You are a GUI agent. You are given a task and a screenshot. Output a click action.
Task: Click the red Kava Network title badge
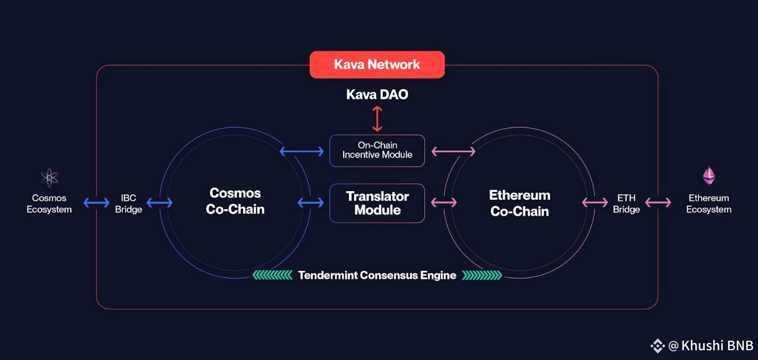(x=377, y=65)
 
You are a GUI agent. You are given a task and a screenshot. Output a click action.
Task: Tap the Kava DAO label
(x=377, y=95)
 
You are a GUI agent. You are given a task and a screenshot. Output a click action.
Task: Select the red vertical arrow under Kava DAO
(x=377, y=119)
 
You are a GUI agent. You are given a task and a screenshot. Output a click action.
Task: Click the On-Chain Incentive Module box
(x=377, y=150)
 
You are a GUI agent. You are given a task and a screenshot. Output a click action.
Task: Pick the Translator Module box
(x=377, y=203)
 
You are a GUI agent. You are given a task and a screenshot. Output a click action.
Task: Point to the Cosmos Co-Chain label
(x=235, y=201)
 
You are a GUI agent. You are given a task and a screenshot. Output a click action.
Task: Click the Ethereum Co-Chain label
(x=519, y=203)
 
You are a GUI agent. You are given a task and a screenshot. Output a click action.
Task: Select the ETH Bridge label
(x=626, y=204)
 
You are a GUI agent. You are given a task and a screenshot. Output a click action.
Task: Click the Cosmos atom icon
(x=49, y=177)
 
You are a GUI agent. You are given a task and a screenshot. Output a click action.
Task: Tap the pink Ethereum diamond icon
(x=708, y=176)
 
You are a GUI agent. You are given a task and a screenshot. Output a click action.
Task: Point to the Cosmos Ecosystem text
(x=49, y=204)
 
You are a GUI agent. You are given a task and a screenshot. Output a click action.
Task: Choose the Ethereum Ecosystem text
(x=708, y=204)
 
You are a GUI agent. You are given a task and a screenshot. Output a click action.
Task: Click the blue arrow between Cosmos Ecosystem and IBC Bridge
(x=96, y=203)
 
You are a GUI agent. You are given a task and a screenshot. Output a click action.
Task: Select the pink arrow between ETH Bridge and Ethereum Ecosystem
(x=658, y=203)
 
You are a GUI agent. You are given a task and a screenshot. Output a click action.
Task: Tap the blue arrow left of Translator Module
(x=311, y=203)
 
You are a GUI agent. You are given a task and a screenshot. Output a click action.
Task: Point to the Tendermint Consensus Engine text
(x=377, y=275)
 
